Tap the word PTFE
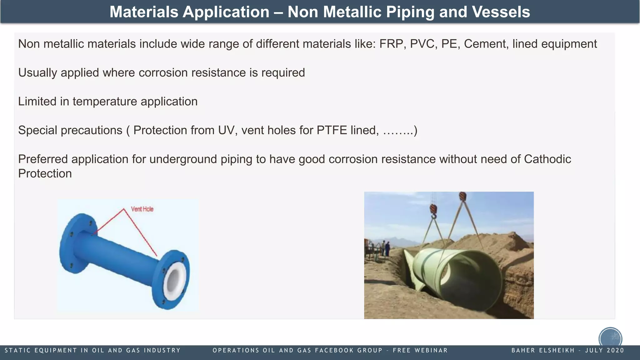coord(332,130)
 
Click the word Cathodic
coord(547,159)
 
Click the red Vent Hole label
coord(142,209)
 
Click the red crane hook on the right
coord(462,197)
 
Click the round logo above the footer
coord(610,338)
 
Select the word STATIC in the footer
coord(17,350)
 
